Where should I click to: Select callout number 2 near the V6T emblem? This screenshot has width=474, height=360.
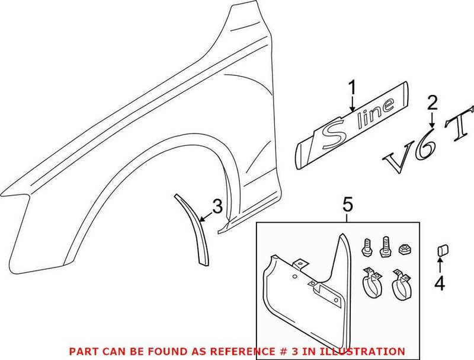[433, 104]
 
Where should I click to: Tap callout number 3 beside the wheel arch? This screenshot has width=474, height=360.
[217, 207]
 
